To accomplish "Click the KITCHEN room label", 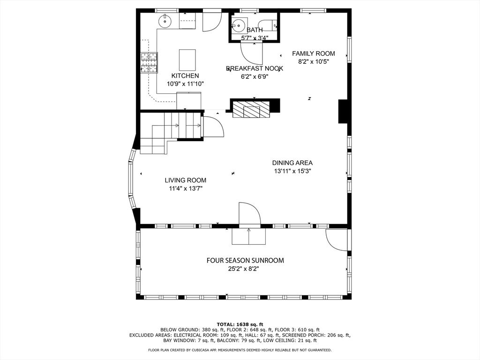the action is [x=185, y=76].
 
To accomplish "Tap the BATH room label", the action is [x=255, y=30].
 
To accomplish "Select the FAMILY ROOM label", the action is [x=314, y=53].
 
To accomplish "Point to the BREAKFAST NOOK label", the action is [x=255, y=68].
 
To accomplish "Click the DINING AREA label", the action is [x=292, y=163].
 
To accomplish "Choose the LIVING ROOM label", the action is [x=186, y=180].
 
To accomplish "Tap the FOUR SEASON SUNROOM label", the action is [x=245, y=261].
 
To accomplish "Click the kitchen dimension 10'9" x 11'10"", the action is [x=185, y=84].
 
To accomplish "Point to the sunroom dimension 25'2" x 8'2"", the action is [x=245, y=269].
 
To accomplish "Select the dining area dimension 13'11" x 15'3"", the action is [x=292, y=171].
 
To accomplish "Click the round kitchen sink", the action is [x=165, y=21].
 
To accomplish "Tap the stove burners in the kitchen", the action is [x=149, y=63].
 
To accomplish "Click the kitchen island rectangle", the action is [x=187, y=60].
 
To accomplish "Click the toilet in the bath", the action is [x=268, y=25].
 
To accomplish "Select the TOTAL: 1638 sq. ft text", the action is [x=240, y=324].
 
